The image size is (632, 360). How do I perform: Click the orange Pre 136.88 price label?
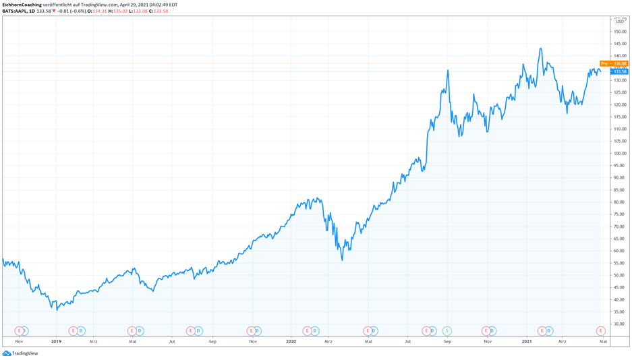tap(614, 64)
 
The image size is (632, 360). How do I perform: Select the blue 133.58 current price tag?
tap(619, 71)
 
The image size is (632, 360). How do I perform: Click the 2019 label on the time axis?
tap(56, 342)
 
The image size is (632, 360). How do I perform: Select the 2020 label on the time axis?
tap(291, 342)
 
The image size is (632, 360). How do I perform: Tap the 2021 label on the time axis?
tap(527, 342)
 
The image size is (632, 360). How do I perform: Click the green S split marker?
tap(447, 331)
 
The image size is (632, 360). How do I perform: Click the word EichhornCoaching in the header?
tap(22, 5)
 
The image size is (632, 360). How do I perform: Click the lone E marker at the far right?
tap(600, 331)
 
